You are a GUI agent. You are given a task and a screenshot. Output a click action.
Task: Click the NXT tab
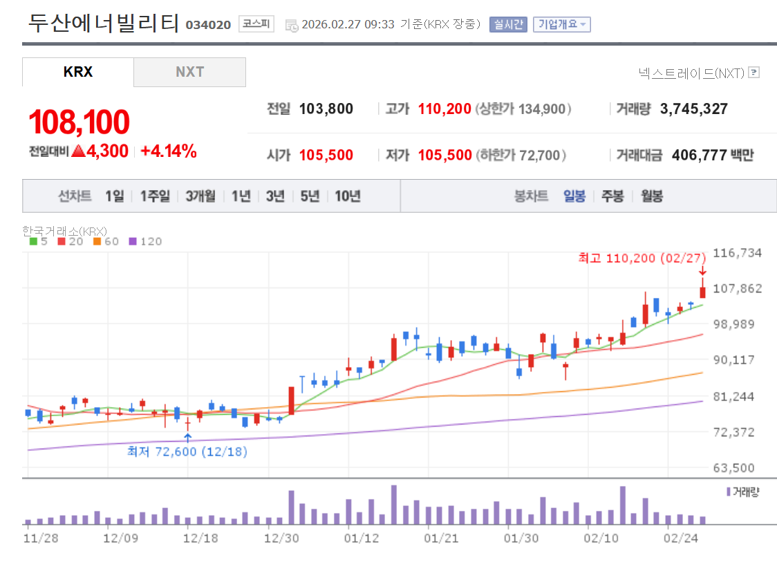[x=189, y=72]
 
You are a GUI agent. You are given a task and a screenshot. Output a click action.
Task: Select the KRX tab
[x=77, y=72]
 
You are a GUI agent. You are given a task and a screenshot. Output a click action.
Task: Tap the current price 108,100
[x=79, y=122]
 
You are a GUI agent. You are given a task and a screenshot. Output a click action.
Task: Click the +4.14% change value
[x=169, y=151]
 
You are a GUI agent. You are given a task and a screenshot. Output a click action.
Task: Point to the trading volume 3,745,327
[x=693, y=109]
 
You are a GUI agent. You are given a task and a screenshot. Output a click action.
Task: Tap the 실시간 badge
[x=508, y=24]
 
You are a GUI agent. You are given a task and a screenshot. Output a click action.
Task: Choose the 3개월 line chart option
[x=200, y=196]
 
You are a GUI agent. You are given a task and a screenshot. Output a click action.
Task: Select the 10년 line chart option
[x=348, y=196]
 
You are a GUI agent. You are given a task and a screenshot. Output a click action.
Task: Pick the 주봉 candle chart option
[x=612, y=196]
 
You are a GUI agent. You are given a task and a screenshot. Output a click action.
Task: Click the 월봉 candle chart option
[x=652, y=196]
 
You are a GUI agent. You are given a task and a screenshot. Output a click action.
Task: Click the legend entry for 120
[x=146, y=241]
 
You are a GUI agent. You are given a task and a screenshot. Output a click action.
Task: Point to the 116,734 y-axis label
[x=737, y=252]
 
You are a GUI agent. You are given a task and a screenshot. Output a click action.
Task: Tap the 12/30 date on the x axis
[x=281, y=538]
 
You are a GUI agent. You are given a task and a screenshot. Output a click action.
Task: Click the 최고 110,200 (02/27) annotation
[x=642, y=258]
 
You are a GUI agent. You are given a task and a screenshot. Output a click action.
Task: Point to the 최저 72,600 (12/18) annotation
[x=187, y=451]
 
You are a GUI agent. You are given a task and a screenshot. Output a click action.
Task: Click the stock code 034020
[x=208, y=25]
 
